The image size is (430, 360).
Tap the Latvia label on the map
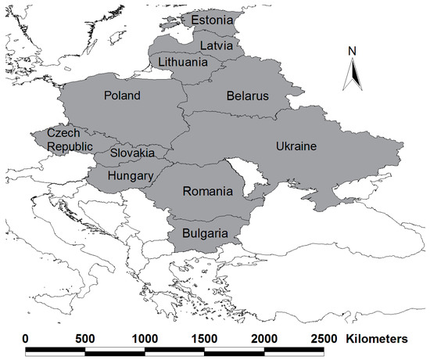[216, 45]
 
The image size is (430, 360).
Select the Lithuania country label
[183, 62]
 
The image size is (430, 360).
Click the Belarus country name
[247, 96]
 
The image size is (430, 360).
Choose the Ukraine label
[296, 146]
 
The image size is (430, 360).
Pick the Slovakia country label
[132, 153]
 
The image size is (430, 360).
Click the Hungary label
[130, 176]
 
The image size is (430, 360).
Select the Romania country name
[207, 191]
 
